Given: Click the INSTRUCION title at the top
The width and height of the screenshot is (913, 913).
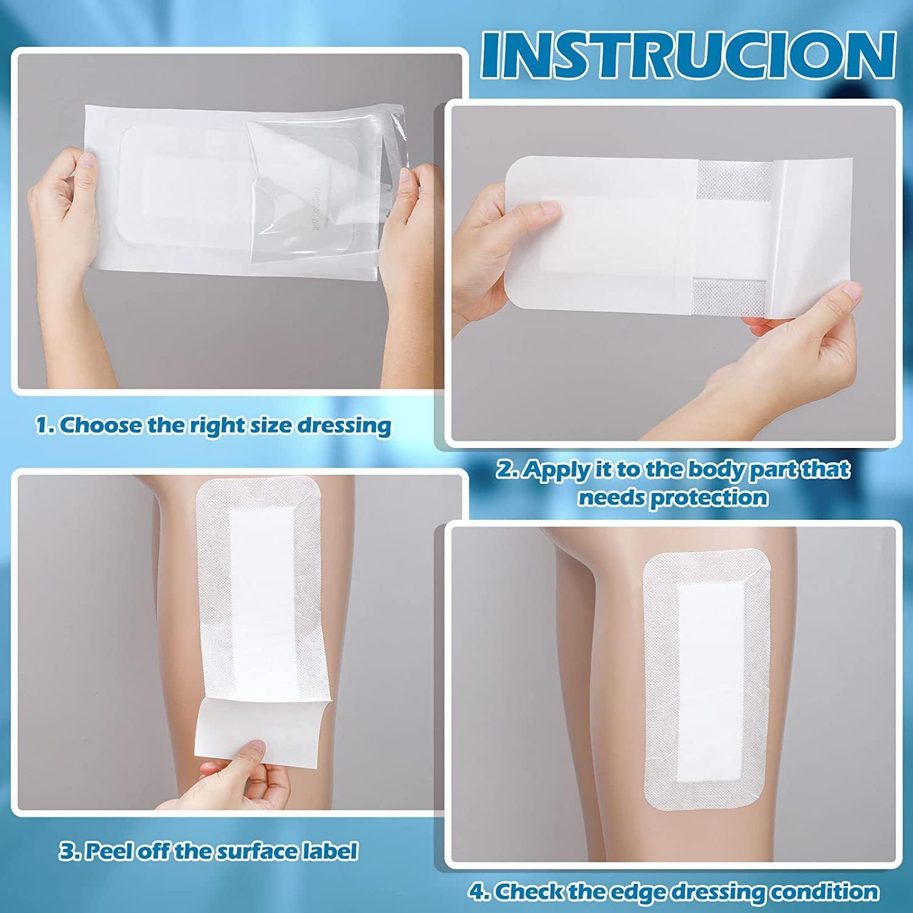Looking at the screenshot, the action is pos(688,55).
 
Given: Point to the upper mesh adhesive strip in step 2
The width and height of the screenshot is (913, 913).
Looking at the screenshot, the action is pos(735,181).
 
